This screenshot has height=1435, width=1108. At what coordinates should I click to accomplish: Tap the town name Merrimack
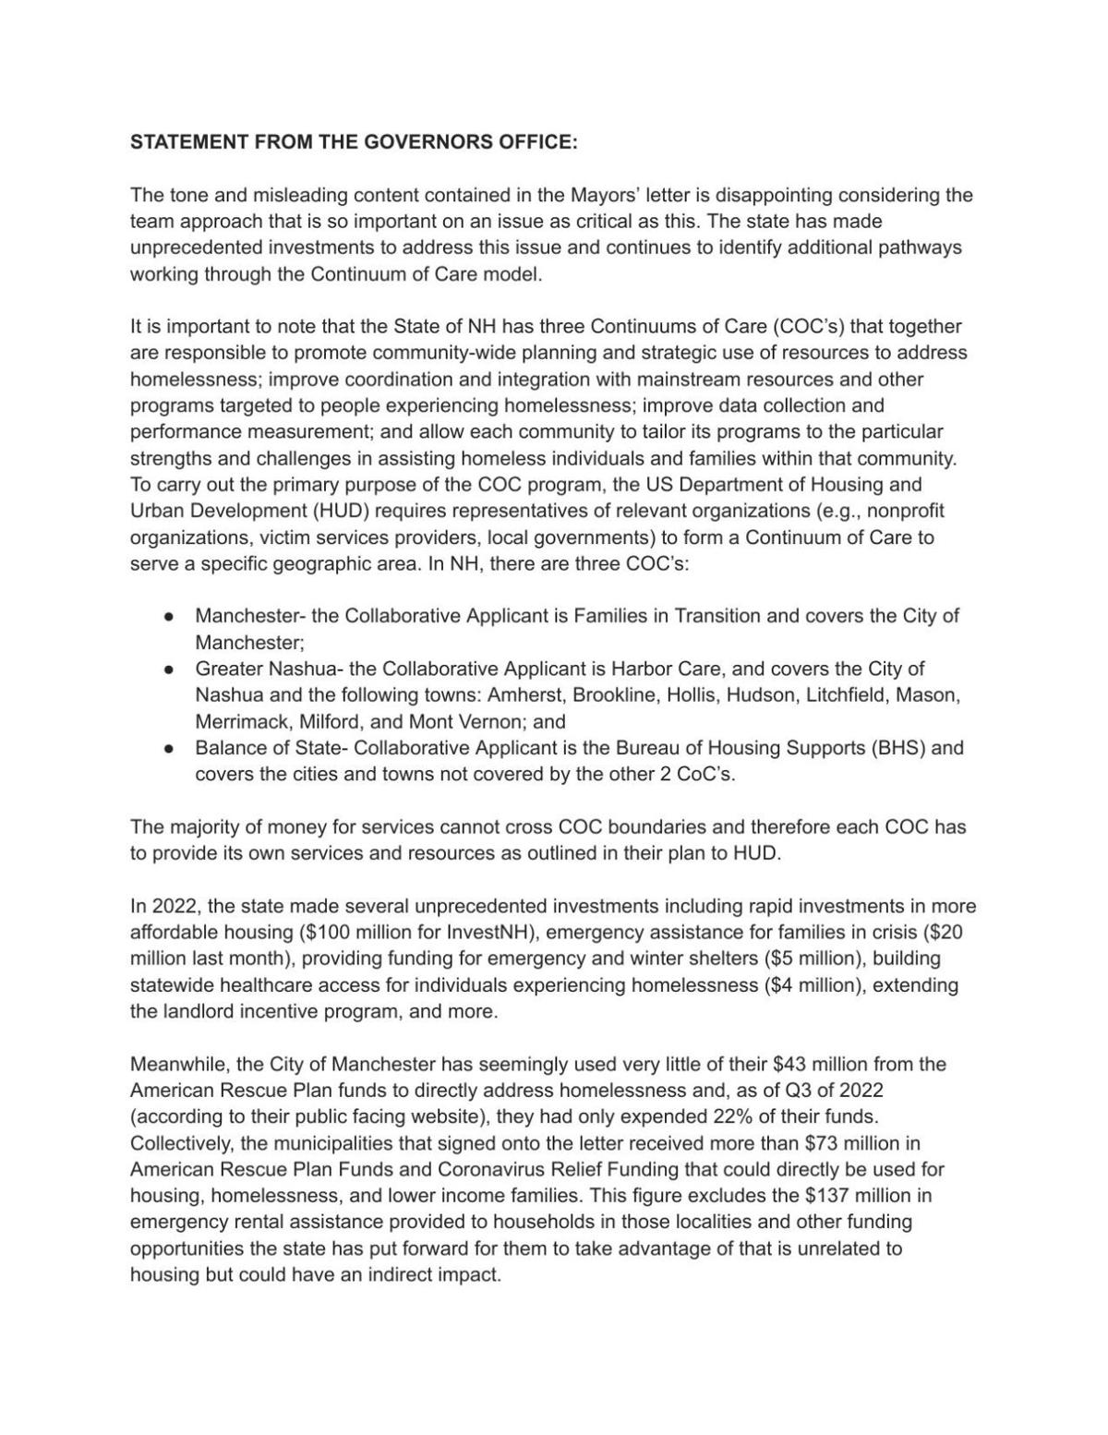click(237, 721)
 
